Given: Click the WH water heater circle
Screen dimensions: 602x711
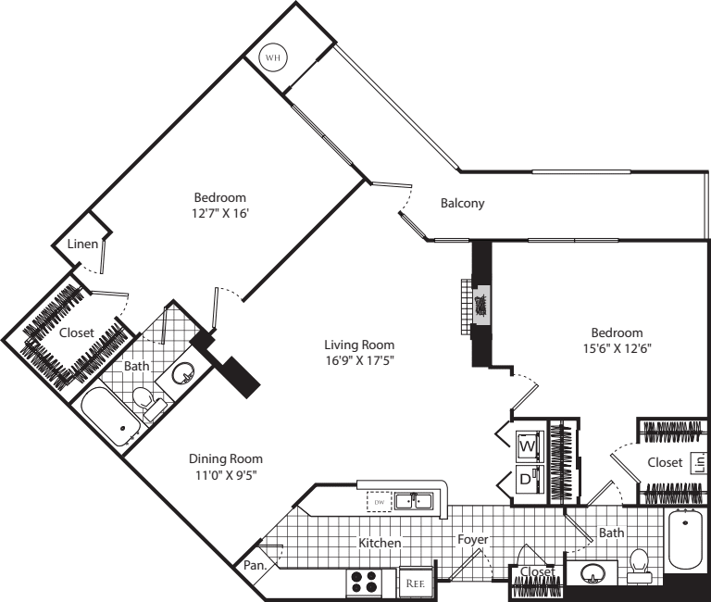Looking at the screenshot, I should click(x=272, y=57).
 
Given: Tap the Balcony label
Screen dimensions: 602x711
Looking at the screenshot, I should click(x=462, y=204).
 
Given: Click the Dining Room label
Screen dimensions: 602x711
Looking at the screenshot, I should click(x=225, y=458).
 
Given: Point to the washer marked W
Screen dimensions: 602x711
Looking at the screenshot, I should click(x=527, y=446).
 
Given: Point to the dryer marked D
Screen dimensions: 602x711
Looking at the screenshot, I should click(x=527, y=481).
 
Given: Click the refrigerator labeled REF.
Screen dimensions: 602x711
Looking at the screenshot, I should click(x=416, y=583).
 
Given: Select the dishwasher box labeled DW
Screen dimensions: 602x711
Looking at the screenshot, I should click(x=379, y=502).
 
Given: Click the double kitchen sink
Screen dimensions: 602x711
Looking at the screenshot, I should click(x=413, y=502).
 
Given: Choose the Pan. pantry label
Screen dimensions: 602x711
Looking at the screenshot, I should click(x=256, y=564).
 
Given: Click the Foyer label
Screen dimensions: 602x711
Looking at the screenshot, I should click(x=471, y=539).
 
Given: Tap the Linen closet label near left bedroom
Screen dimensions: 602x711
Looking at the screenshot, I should click(x=82, y=245).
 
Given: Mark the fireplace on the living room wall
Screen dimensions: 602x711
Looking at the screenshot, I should click(x=480, y=303).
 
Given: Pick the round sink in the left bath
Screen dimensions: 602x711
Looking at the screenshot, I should click(x=183, y=376).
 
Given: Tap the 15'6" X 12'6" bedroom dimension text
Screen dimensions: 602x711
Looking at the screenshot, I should click(x=617, y=350).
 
